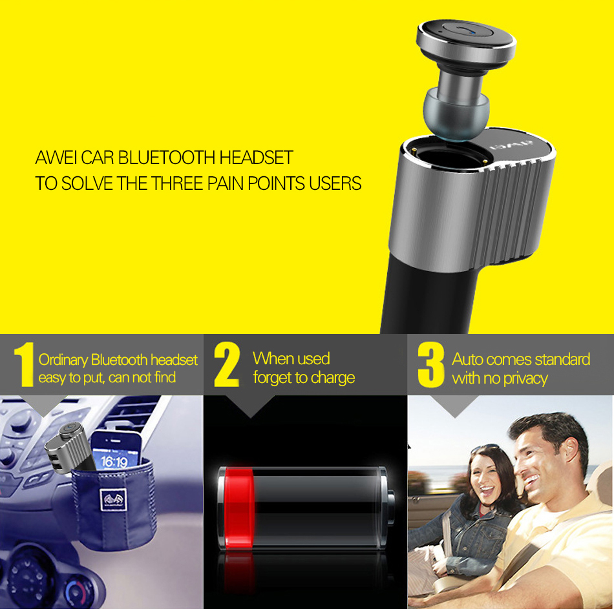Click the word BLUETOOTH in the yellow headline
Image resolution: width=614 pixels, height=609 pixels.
[167, 158]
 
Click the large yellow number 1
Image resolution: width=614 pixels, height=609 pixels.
[25, 365]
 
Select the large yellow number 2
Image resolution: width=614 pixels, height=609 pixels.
[227, 364]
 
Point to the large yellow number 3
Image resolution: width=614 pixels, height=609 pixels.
[430, 365]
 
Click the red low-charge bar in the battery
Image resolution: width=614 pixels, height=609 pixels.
[238, 508]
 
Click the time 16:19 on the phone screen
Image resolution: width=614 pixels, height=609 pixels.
[114, 462]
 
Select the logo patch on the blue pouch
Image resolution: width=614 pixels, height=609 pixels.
[113, 499]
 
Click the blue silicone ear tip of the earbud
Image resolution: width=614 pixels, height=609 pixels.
[456, 114]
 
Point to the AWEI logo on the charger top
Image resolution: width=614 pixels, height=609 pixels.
[512, 145]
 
